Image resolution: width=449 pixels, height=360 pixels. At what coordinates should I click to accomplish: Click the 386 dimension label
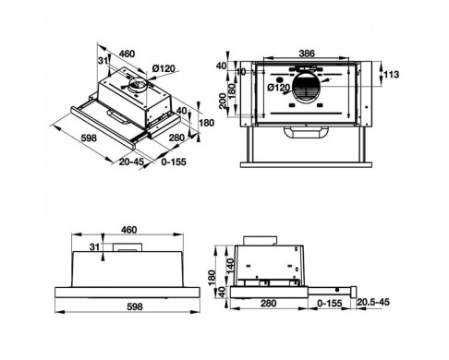(x=307, y=54)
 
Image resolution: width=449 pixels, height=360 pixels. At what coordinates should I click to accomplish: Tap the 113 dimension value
(x=391, y=75)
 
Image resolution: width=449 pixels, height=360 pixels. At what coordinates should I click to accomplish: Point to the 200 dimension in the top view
(x=223, y=101)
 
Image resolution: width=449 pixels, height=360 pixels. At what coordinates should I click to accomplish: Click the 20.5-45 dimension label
(x=373, y=302)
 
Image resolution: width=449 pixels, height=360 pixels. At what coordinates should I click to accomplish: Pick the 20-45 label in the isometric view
(x=131, y=162)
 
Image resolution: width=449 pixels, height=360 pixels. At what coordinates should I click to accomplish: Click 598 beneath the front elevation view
(x=135, y=306)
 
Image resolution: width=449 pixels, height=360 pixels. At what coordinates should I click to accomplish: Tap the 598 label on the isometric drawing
(x=89, y=138)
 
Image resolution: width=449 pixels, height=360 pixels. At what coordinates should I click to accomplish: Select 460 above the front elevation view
(x=128, y=230)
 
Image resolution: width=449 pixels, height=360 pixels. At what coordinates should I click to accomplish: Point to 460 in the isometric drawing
(x=127, y=54)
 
